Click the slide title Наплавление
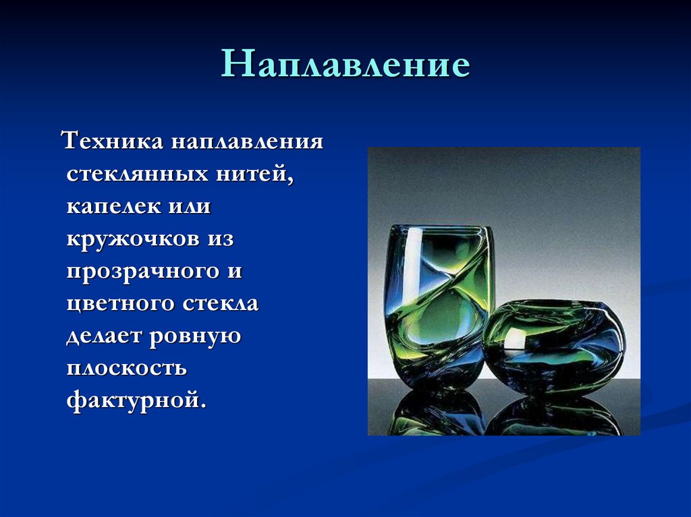(345, 65)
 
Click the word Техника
(111, 142)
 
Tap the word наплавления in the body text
(247, 142)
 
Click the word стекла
(221, 303)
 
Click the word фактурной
(135, 400)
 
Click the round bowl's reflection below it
(553, 415)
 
